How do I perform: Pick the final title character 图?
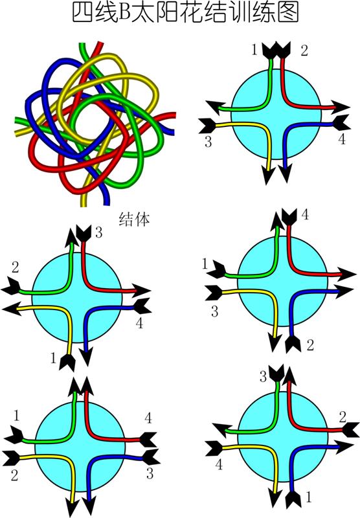tap(288, 13)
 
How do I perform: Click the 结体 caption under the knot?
tap(135, 219)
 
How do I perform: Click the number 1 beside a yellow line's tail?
tap(54, 358)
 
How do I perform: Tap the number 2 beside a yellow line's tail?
tap(14, 475)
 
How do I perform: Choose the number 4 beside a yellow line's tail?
tap(219, 464)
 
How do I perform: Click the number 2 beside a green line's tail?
tap(15, 267)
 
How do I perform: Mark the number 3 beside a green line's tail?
tap(263, 376)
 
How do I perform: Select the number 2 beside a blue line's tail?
tap(310, 345)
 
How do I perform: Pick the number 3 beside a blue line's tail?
tap(150, 473)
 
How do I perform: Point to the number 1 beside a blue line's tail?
tap(309, 497)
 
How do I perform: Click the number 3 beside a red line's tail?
tap(99, 232)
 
